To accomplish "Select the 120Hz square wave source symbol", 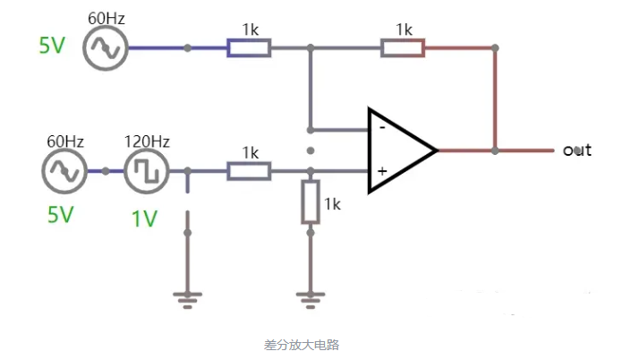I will pos(146,170).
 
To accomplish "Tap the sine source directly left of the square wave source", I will pos(65,170).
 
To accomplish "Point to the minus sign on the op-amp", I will pos(381,128).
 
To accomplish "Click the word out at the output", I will pos(577,150).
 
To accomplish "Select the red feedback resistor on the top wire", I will pos(403,47).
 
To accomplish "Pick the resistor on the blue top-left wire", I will pos(249,47).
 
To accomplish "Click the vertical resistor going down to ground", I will pos(310,201).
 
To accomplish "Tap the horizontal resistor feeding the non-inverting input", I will pos(249,170).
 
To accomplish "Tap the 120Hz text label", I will pos(147,141).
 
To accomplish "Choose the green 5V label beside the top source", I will pos(52,46).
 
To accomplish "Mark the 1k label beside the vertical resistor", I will pos(333,204).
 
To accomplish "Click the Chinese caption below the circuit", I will pos(302,344).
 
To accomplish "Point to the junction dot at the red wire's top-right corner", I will pos(495,47).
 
